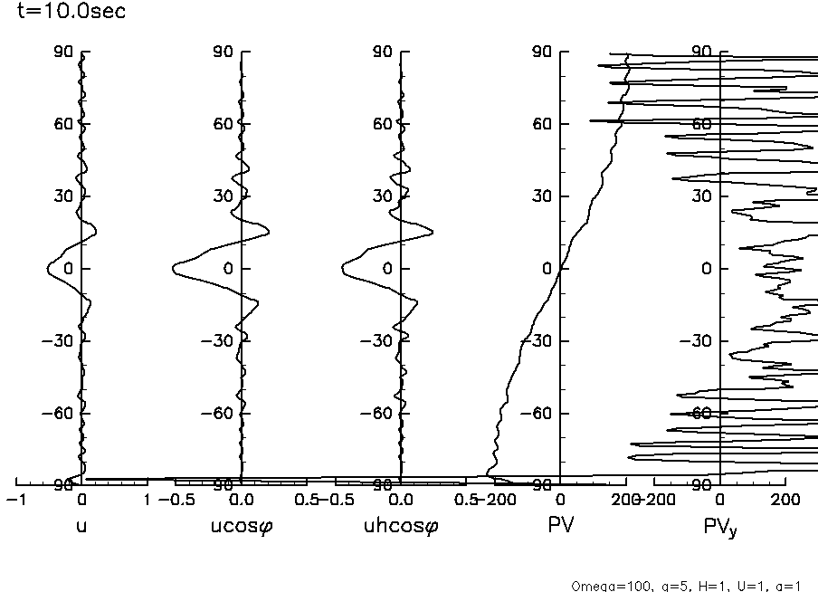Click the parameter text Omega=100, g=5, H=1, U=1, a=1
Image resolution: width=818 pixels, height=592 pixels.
[688, 586]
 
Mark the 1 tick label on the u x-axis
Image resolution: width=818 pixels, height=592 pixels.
[147, 500]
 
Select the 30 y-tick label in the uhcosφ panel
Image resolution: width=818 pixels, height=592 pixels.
[383, 196]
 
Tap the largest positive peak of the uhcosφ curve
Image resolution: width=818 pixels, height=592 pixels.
[433, 233]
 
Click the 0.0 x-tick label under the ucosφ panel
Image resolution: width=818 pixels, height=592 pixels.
[241, 500]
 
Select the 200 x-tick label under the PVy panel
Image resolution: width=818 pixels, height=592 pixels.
[785, 500]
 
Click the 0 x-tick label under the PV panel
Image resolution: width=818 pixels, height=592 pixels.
[561, 500]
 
